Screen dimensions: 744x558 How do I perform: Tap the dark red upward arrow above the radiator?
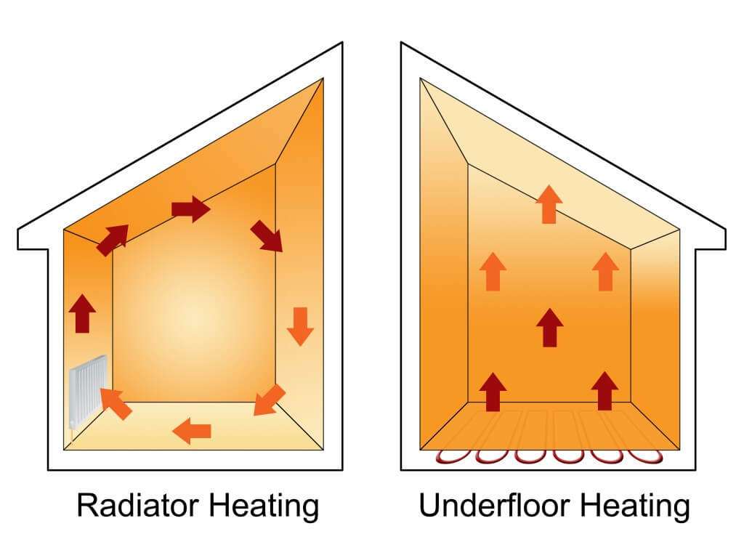pyautogui.click(x=83, y=313)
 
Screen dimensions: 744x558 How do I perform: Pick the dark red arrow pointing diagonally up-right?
pyautogui.click(x=113, y=240)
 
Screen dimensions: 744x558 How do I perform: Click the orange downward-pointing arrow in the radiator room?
pyautogui.click(x=300, y=326)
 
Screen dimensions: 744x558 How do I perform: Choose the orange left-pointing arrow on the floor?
pyautogui.click(x=192, y=431)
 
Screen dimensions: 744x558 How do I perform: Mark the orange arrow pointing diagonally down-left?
pyautogui.click(x=270, y=400)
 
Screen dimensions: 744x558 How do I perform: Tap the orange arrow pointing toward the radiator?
pyautogui.click(x=116, y=403)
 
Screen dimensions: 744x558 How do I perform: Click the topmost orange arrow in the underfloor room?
pyautogui.click(x=549, y=204)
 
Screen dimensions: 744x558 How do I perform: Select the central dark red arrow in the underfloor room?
pyautogui.click(x=549, y=328)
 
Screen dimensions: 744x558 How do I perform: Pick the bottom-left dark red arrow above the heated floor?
pyautogui.click(x=493, y=392)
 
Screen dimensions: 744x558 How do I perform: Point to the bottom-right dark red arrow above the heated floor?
pyautogui.click(x=605, y=391)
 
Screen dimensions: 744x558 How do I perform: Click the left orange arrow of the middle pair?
pyautogui.click(x=493, y=272)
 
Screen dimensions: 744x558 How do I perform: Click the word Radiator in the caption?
pyautogui.click(x=137, y=505)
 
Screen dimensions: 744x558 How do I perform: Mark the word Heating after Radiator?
pyautogui.click(x=264, y=506)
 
